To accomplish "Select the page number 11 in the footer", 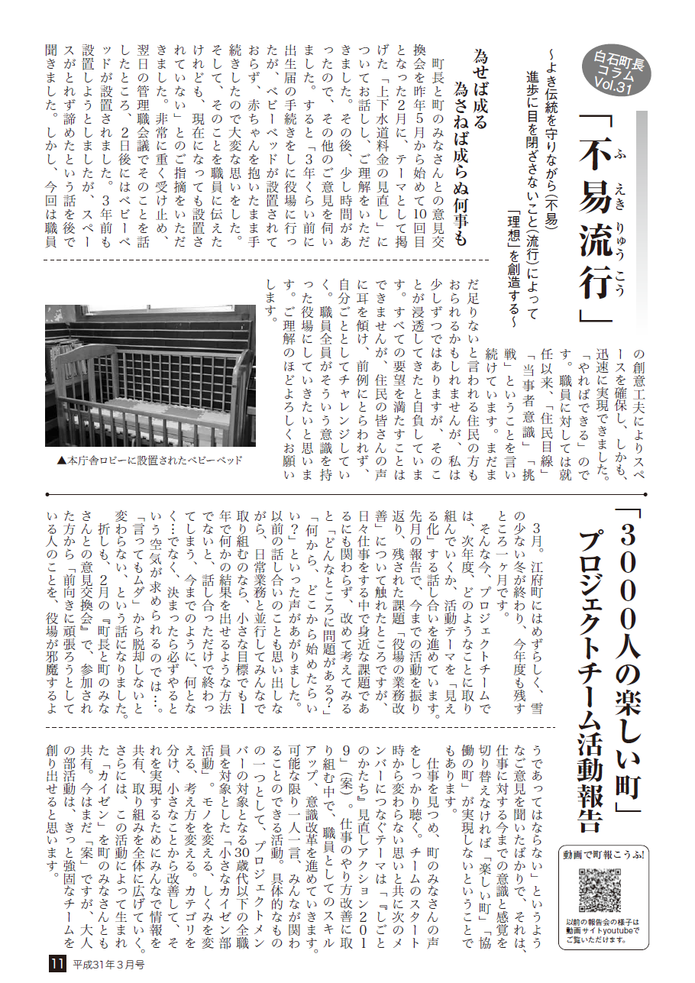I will (x=57, y=964).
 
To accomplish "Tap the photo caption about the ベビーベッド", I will (x=150, y=461).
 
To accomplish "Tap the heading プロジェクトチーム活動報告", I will (x=591, y=680).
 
